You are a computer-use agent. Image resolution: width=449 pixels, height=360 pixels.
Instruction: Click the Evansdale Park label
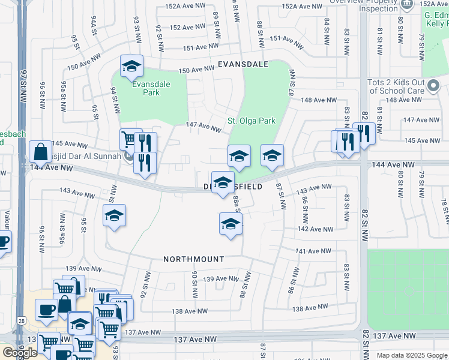click(x=146, y=89)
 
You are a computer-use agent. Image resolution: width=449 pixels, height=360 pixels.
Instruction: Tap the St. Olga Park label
click(x=251, y=121)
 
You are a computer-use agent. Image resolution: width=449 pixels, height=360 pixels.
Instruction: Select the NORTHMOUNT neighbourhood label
click(x=194, y=259)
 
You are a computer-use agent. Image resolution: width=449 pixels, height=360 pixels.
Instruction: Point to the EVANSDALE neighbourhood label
click(x=242, y=64)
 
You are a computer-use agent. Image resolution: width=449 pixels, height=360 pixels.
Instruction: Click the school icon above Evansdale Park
click(x=131, y=67)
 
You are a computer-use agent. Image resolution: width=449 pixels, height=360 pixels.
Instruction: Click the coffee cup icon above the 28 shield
click(x=47, y=310)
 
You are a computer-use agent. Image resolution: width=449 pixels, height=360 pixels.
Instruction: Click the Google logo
click(x=19, y=353)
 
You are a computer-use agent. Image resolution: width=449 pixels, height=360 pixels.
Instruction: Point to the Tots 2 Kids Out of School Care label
click(x=396, y=86)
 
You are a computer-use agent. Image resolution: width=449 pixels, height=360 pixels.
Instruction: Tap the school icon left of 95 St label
click(x=113, y=216)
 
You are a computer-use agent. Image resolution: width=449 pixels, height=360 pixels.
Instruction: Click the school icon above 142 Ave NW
click(x=230, y=224)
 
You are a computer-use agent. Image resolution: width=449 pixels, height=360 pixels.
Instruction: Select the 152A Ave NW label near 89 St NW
click(x=184, y=6)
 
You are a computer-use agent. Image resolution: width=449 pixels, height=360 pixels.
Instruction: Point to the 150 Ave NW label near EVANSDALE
click(x=197, y=70)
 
